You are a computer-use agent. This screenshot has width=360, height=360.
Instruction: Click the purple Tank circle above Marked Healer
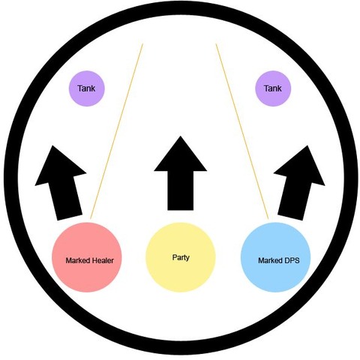coord(87,88)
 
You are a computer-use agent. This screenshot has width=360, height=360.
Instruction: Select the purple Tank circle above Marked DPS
coord(273,88)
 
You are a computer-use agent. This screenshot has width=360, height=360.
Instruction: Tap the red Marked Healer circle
coord(87,257)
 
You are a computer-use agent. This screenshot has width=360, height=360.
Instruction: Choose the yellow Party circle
coord(181,257)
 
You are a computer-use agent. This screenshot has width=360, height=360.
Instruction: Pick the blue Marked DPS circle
coord(275,257)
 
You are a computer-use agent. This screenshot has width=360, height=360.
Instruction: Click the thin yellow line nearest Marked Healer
coord(116,131)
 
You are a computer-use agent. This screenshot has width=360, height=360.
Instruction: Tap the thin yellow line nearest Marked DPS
coord(242,131)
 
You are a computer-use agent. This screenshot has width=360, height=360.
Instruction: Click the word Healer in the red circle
coord(103,260)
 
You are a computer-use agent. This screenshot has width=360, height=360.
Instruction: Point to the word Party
coord(181,257)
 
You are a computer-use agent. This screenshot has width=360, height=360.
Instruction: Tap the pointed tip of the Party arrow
coord(180,136)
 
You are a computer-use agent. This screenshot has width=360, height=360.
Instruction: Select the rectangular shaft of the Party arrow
coord(180,190)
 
